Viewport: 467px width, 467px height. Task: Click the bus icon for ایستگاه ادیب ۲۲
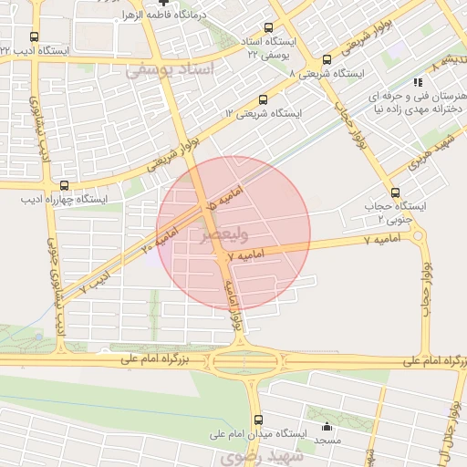click(35, 37)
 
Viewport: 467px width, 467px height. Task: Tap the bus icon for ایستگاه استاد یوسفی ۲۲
click(267, 28)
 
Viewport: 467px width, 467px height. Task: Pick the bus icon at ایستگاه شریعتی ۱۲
click(263, 99)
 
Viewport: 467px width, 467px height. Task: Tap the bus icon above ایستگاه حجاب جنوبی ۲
click(395, 192)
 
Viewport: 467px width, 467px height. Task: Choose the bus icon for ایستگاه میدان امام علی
click(258, 420)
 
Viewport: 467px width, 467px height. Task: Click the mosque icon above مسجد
click(327, 426)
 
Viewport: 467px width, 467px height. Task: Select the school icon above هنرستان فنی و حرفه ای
click(419, 81)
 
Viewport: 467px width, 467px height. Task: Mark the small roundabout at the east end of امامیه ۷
click(419, 236)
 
